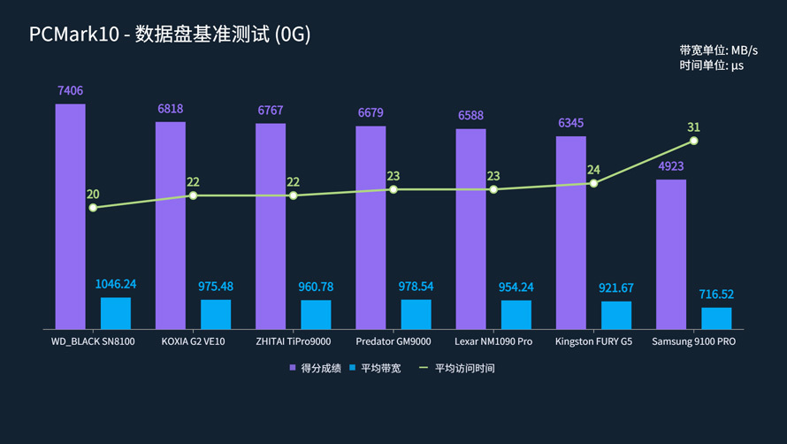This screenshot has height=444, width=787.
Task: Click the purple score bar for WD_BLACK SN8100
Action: (x=71, y=216)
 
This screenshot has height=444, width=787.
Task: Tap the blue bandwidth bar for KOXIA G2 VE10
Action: (x=215, y=314)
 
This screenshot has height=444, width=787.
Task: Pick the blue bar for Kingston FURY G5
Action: (x=616, y=315)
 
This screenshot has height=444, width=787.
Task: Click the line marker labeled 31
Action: (x=694, y=141)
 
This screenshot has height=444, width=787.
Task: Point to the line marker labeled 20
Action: (x=93, y=208)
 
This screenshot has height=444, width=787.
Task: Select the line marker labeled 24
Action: (x=593, y=183)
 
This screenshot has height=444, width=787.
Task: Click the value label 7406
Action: (x=71, y=91)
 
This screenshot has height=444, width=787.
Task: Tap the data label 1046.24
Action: (x=115, y=284)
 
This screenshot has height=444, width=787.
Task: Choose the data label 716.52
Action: (x=716, y=295)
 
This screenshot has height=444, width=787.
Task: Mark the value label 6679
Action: (x=371, y=113)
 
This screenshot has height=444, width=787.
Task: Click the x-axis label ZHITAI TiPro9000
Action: (x=293, y=341)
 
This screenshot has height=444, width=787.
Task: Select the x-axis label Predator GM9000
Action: (x=393, y=341)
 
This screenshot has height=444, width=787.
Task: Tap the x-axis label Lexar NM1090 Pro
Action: (x=493, y=341)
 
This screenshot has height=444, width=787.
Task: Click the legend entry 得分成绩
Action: (x=313, y=368)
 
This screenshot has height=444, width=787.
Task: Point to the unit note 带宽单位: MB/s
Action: (x=718, y=50)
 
